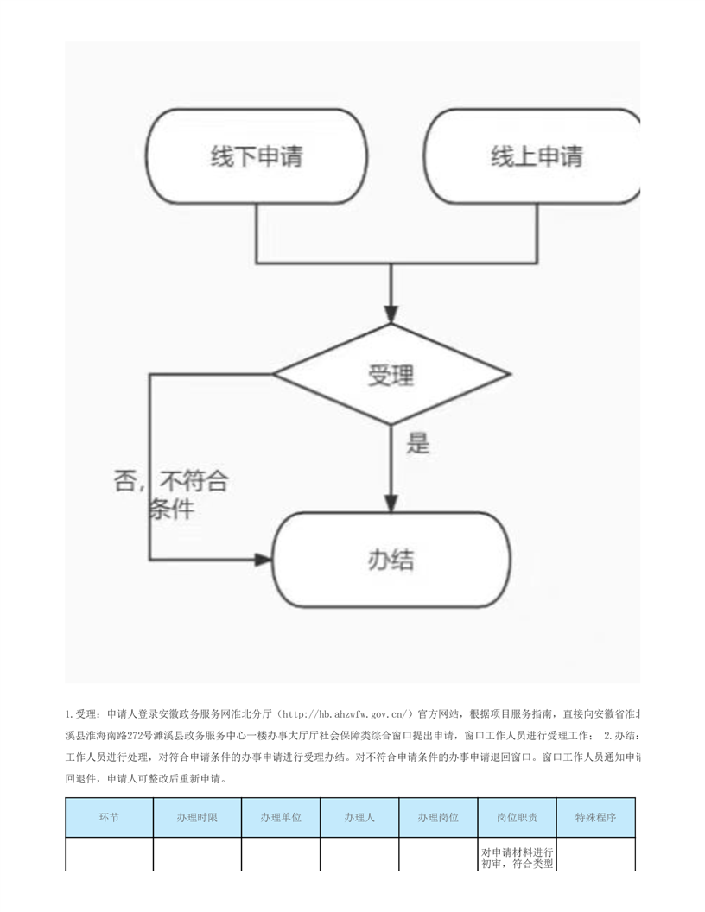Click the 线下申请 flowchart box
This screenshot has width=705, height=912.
pyautogui.click(x=257, y=157)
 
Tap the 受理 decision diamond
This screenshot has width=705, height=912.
pyautogui.click(x=391, y=376)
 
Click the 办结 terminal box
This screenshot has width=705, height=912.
pyautogui.click(x=391, y=560)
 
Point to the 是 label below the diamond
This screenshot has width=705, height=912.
pyautogui.click(x=418, y=444)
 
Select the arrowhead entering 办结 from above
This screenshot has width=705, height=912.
pyautogui.click(x=391, y=503)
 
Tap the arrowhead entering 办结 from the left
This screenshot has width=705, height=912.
pyautogui.click(x=263, y=560)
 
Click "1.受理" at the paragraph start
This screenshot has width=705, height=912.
pyautogui.click(x=82, y=714)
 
